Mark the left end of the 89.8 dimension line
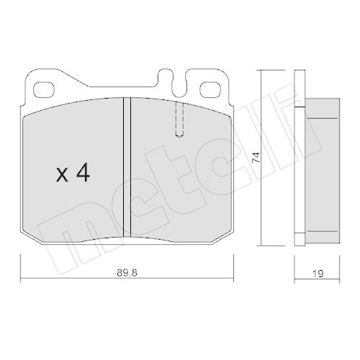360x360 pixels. point(20,280)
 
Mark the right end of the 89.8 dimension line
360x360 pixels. point(235,280)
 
